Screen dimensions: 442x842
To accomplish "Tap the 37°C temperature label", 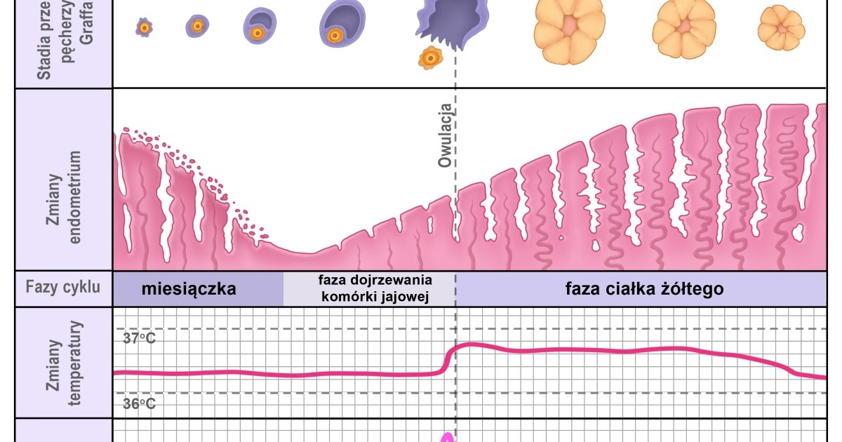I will click(x=139, y=338).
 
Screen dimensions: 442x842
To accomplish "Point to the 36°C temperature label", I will click(x=139, y=403).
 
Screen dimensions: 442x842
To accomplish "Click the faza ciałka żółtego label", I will click(x=644, y=289).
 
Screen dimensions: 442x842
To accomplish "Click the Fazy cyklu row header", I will click(x=63, y=287).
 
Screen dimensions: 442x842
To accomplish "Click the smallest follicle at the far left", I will click(x=145, y=27).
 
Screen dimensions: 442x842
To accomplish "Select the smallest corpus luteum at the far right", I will click(x=781, y=28).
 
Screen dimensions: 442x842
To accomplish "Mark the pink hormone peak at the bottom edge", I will click(x=446, y=437).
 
